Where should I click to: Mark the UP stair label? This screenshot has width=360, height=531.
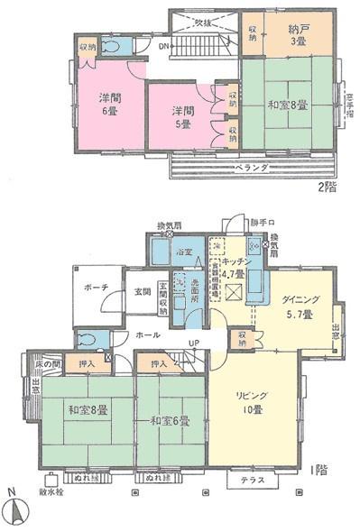click(192, 343)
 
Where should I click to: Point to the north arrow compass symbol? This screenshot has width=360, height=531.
click(15, 512)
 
